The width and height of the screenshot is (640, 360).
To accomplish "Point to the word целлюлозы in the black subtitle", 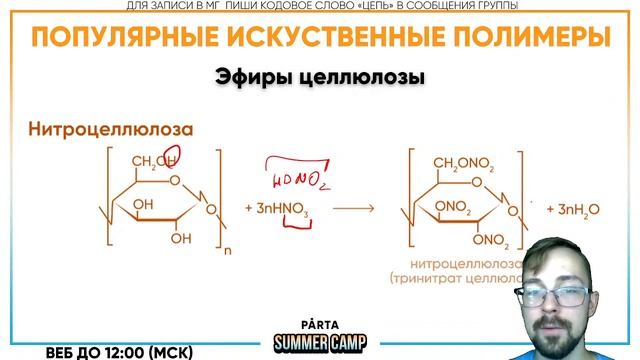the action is pyautogui.click(x=363, y=77).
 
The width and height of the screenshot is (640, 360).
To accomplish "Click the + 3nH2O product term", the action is pyautogui.click(x=572, y=208).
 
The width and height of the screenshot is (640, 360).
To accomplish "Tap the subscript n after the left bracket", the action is pyautogui.click(x=226, y=252).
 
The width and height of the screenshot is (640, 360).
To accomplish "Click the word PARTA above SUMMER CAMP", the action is pyautogui.click(x=319, y=325).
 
